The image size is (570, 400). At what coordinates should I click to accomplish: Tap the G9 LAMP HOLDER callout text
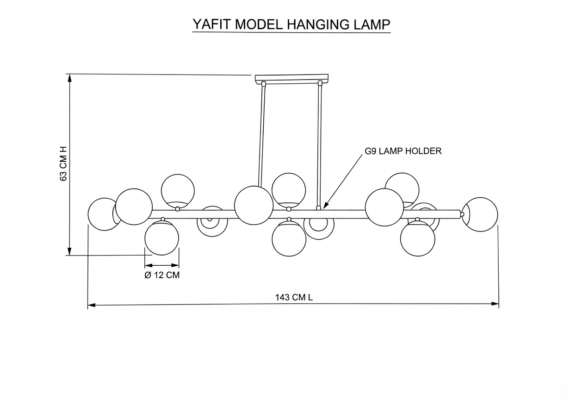(x=403, y=151)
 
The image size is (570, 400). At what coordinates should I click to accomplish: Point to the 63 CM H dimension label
(x=63, y=164)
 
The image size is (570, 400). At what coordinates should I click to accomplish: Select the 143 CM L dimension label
(x=294, y=297)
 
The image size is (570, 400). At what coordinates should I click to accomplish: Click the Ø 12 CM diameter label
(x=162, y=275)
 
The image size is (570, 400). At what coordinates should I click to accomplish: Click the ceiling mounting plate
(x=291, y=78)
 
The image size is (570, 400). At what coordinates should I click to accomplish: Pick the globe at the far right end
(x=480, y=214)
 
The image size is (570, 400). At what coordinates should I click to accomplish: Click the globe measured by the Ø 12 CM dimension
(x=162, y=238)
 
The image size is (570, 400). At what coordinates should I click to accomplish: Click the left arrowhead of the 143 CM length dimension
(x=92, y=305)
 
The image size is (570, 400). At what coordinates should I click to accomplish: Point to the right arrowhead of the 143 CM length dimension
(x=495, y=304)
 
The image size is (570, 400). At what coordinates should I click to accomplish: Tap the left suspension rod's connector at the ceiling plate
(x=263, y=84)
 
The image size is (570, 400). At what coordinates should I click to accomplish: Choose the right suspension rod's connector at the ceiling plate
(x=320, y=83)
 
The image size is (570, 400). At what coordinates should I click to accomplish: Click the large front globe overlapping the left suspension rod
(x=254, y=205)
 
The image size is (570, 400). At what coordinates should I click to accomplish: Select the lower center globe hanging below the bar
(x=289, y=239)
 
